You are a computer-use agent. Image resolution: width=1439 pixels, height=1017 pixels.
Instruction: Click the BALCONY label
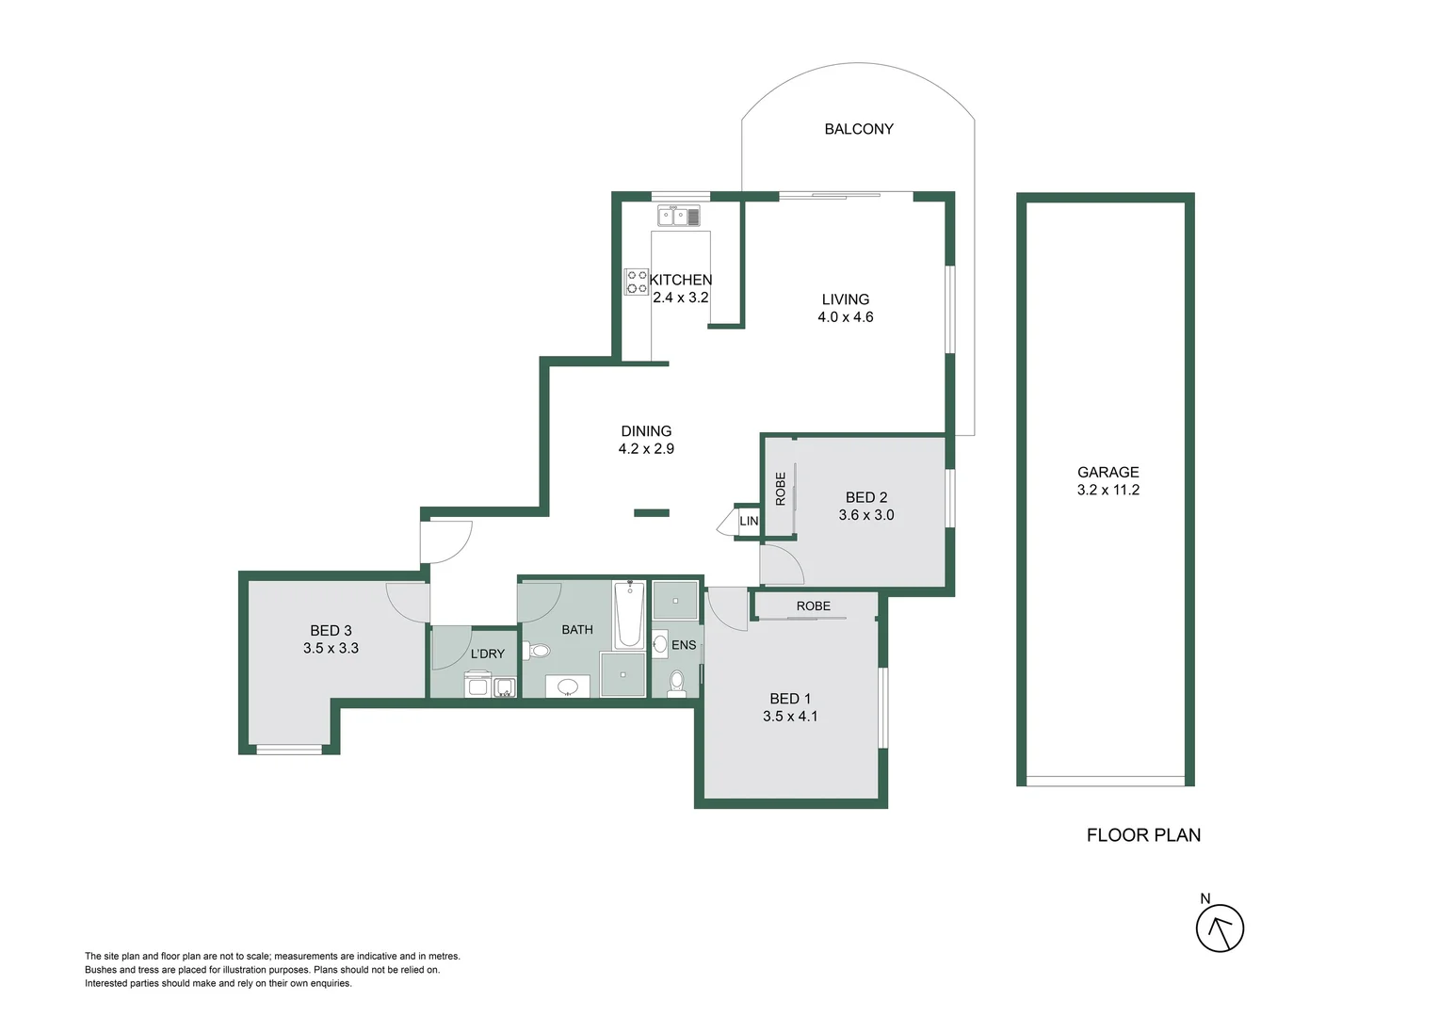coord(858,129)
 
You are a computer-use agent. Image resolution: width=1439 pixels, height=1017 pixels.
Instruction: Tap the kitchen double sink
coord(678,217)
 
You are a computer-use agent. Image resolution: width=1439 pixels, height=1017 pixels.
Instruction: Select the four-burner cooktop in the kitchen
coord(637,282)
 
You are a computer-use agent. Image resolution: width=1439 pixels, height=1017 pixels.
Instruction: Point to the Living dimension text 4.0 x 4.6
coord(845,317)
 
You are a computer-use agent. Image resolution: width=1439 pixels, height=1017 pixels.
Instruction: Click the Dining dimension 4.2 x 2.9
coord(646,449)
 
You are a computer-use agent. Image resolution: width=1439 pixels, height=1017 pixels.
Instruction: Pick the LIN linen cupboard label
coord(749,521)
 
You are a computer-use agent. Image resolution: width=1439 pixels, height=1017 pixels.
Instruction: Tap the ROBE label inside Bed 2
coord(781,489)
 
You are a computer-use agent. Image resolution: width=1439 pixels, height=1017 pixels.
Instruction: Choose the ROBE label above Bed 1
coord(813,606)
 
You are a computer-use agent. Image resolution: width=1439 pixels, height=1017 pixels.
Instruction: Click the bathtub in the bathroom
coord(629,615)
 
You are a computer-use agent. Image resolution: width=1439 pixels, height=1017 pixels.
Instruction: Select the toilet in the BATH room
coord(538,650)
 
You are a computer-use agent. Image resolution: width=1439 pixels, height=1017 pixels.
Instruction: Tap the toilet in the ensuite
coord(676,682)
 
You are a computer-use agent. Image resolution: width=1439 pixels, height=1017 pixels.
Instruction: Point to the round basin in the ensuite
coord(660,645)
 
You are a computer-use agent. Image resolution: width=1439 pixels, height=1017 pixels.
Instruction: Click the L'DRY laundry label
coord(487,654)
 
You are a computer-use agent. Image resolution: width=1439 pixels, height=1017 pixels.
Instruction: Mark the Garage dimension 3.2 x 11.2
coord(1108,490)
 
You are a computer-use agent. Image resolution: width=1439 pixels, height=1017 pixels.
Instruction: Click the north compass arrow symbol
coord(1220,928)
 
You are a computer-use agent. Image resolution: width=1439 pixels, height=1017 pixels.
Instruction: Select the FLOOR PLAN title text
coord(1143,835)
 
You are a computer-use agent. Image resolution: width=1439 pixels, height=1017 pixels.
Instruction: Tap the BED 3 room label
coord(331,631)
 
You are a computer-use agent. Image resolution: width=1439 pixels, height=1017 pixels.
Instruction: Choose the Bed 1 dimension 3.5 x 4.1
coord(790,717)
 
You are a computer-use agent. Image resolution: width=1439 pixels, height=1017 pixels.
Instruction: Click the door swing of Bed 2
coord(781,564)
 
